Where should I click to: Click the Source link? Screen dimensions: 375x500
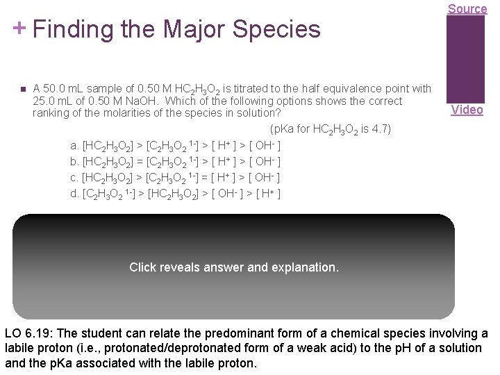[467, 8]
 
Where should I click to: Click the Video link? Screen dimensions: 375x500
[467, 110]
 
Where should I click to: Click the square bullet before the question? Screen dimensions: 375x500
[22, 90]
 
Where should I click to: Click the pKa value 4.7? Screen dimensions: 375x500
[383, 129]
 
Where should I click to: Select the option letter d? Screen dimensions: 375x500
[74, 193]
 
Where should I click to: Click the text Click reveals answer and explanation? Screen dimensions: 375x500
[234, 267]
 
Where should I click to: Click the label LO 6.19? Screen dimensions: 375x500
[30, 333]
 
